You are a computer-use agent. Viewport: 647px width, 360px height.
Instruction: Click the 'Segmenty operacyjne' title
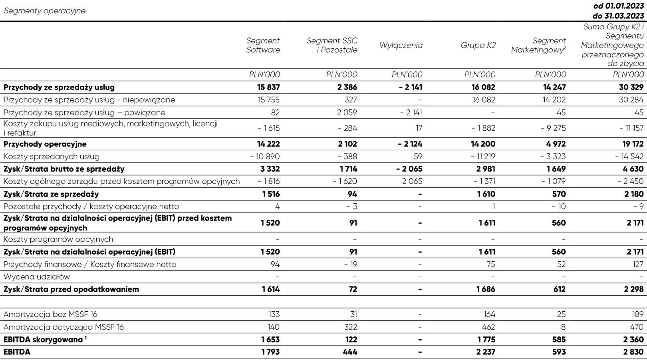pos(45,11)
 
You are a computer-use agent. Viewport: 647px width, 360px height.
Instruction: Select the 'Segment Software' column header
pos(263,45)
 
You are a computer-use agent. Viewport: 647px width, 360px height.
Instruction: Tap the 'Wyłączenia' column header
pos(401,45)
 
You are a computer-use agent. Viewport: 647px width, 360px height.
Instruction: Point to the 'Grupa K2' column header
pos(478,45)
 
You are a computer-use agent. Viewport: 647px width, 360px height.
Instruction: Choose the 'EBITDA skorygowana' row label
pos(44,340)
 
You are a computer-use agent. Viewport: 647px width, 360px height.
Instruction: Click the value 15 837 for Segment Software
pos(268,87)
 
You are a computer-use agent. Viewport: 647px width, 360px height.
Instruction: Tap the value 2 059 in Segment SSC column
pos(347,112)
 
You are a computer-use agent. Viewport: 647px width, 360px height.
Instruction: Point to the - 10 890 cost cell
pos(265,157)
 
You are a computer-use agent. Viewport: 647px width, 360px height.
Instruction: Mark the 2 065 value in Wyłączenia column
pos(412,181)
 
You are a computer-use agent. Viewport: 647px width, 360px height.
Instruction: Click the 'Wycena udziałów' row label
pos(37,276)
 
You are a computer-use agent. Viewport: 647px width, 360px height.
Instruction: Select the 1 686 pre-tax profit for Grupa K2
pos(485,289)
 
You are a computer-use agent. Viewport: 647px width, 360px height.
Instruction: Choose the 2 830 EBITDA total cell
pos(634,352)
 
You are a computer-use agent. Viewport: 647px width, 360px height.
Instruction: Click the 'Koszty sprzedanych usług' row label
pos(52,157)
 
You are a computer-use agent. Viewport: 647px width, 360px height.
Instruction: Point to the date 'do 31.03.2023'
pos(618,16)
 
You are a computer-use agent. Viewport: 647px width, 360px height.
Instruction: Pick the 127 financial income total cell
pos(637,264)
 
